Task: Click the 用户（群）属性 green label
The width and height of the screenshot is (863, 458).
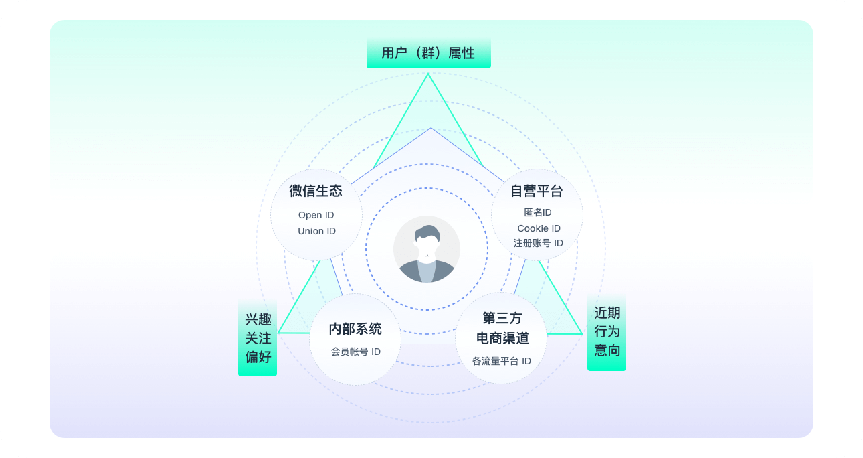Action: click(x=428, y=53)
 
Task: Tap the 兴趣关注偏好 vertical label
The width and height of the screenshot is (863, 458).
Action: click(x=258, y=338)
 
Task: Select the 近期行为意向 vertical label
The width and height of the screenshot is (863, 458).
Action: click(x=606, y=332)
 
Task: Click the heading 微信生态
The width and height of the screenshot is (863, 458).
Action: click(x=316, y=191)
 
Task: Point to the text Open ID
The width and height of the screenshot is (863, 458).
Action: click(x=316, y=215)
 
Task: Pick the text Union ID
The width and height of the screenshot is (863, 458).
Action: click(x=316, y=231)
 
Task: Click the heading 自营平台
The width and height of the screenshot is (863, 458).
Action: click(x=537, y=191)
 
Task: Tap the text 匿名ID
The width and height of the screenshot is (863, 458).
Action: click(x=537, y=212)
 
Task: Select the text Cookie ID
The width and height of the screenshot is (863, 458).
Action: click(x=539, y=228)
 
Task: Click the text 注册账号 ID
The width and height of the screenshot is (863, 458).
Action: click(x=539, y=243)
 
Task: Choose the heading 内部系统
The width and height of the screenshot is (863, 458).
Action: click(x=355, y=329)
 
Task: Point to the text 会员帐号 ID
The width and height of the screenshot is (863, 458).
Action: click(x=356, y=352)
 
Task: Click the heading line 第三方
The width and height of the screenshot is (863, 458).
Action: click(x=502, y=319)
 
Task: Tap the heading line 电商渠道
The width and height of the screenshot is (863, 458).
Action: click(x=502, y=338)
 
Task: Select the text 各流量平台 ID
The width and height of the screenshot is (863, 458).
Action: click(x=502, y=361)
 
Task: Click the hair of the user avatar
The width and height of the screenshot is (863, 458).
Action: click(x=427, y=233)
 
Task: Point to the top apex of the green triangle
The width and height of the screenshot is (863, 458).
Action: click(x=428, y=74)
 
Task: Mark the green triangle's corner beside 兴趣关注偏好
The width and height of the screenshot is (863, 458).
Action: click(x=278, y=333)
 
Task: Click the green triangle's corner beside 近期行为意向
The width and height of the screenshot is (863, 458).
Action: click(x=582, y=334)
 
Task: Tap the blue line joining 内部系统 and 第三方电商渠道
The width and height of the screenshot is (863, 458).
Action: click(x=428, y=343)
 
